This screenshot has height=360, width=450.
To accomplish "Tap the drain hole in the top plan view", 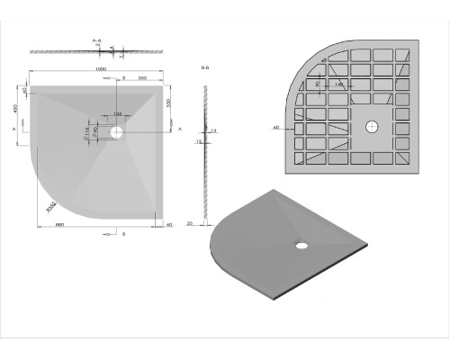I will pos(116,131).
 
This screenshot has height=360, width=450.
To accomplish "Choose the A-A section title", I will pos(96,40).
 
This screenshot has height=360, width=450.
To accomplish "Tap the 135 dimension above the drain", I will pos(117,113).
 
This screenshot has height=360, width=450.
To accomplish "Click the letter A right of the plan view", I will pos(181,130).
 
